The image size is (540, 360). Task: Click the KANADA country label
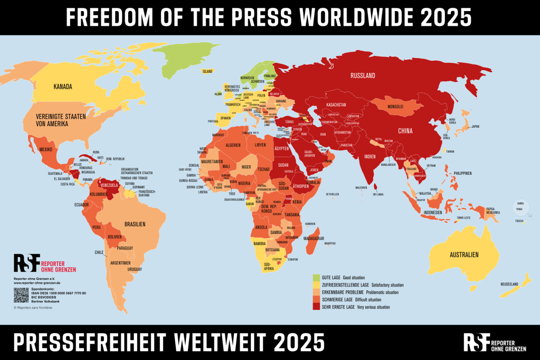pos(62,87)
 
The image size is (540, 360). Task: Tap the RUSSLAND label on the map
pos(363,75)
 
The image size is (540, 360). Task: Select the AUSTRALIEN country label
pos(464,255)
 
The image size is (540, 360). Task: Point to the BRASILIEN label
pos(135,224)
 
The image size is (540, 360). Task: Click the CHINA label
pos(405,130)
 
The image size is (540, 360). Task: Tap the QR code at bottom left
pos(21,295)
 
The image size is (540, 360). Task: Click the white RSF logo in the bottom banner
pos(477,342)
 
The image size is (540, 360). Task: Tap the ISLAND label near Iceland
pos(207,71)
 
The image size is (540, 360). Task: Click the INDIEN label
pos(370,156)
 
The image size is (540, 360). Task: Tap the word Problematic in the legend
pos(373,292)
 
